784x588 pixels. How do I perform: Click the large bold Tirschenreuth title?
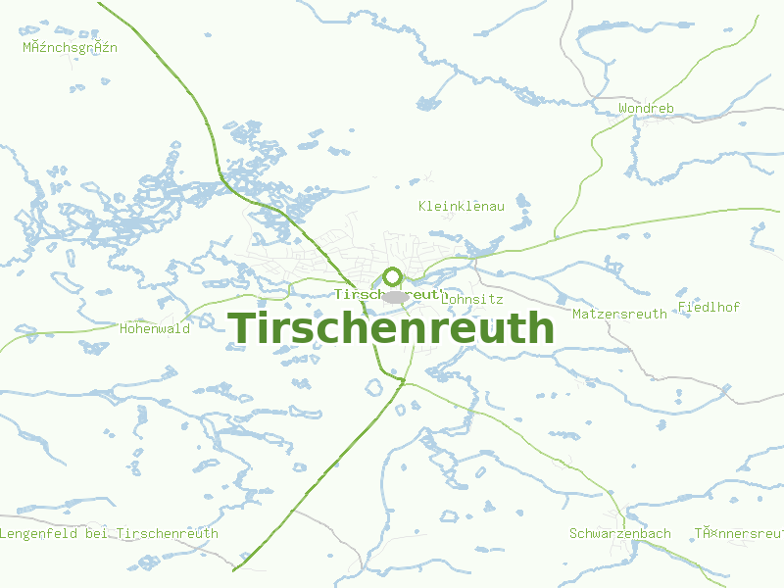point(391,328)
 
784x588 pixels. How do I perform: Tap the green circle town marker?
point(392,277)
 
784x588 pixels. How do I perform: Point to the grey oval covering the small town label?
point(396,296)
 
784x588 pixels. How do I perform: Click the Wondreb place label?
point(647,108)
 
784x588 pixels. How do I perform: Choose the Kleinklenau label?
point(461,206)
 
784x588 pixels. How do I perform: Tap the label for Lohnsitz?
point(472,299)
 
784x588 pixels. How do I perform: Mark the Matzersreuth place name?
point(619,314)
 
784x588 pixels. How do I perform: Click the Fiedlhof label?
point(709,307)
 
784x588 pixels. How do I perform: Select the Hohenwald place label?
point(155,329)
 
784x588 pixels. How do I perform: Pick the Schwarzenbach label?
point(620,533)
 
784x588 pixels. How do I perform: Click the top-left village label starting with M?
point(71,47)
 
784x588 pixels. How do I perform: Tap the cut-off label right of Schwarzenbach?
point(739,533)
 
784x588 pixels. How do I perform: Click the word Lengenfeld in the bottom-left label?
point(39,533)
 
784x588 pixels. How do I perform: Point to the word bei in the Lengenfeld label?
point(97,533)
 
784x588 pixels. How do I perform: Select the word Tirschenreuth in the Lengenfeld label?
point(168,533)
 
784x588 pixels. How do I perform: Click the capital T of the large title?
point(242,328)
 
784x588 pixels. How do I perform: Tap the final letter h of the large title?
point(543,328)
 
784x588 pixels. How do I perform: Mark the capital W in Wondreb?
point(623,108)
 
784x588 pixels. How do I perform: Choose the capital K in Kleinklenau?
point(422,206)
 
